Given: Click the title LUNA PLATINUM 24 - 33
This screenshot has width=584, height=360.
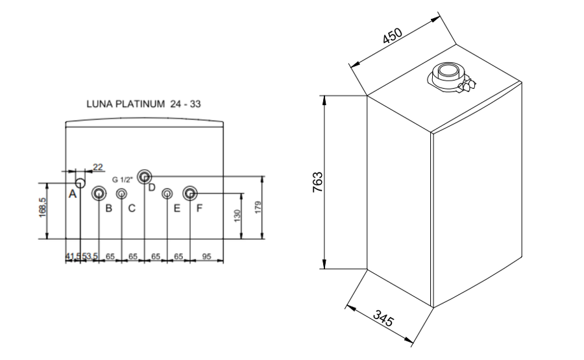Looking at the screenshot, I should pyautogui.click(x=143, y=103).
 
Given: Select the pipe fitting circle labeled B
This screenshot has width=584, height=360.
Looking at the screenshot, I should pyautogui.click(x=99, y=193).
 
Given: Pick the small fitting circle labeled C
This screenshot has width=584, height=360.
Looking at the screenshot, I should pyautogui.click(x=121, y=193).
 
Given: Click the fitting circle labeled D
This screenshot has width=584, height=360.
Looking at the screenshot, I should pyautogui.click(x=144, y=176).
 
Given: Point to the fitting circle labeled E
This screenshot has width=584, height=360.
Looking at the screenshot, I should pyautogui.click(x=167, y=193).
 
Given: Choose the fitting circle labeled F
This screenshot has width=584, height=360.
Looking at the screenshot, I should pyautogui.click(x=189, y=193).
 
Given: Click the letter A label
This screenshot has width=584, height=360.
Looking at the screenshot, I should pyautogui.click(x=73, y=194).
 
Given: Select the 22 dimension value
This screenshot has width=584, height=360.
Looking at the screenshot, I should pyautogui.click(x=98, y=167).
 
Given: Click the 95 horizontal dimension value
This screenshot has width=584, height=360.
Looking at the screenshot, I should pyautogui.click(x=206, y=257).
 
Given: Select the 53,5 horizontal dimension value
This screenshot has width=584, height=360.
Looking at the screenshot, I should pyautogui.click(x=89, y=257).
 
